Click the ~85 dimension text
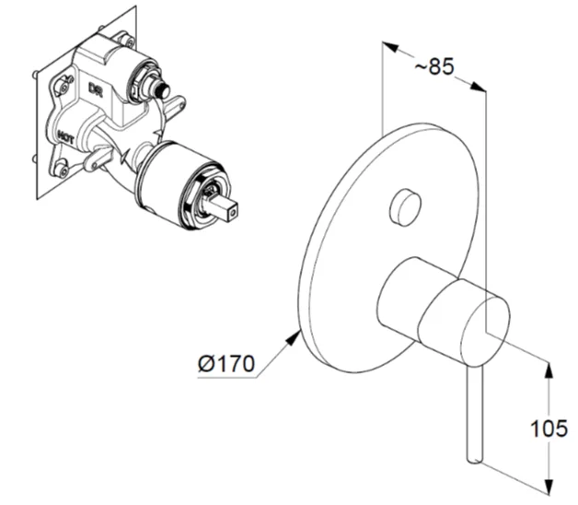pyautogui.click(x=433, y=67)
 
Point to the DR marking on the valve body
pyautogui.click(x=95, y=88)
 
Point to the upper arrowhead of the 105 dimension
pyautogui.click(x=550, y=367)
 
